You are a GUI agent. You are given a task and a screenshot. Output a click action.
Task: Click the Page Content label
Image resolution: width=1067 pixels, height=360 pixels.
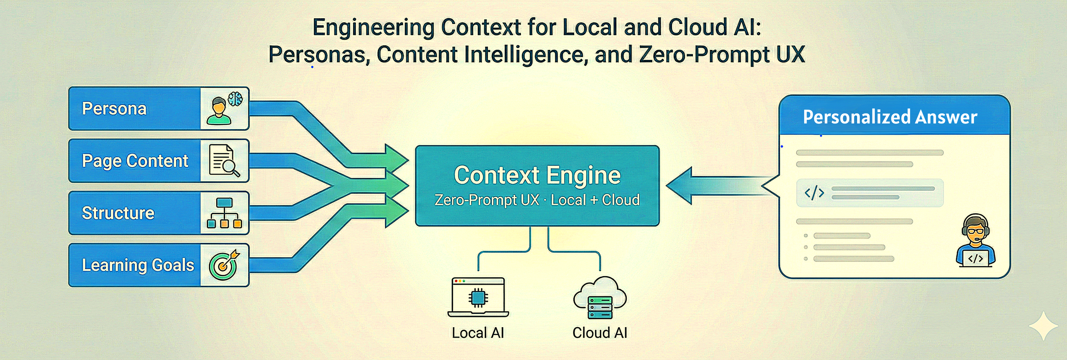pos(135,161)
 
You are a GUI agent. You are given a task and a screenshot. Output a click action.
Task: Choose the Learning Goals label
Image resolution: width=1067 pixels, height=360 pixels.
pos(137,265)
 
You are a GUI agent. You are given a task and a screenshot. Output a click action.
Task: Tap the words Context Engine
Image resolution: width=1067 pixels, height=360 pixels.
pos(537,175)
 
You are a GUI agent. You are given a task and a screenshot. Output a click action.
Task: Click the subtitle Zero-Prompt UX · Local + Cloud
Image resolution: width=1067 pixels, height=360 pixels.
pos(537,200)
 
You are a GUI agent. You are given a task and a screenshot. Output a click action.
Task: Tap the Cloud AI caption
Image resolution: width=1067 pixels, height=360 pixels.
pos(600,333)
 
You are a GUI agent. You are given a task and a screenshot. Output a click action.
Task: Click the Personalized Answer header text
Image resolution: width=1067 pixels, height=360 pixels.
pos(890,117)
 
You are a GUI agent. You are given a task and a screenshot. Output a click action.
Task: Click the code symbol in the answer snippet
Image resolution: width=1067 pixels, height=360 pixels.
pos(814,193)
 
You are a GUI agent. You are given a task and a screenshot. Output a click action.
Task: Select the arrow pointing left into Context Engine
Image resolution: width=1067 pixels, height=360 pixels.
pos(712,185)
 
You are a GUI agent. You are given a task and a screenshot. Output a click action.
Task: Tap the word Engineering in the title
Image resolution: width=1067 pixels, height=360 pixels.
pos(373,28)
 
